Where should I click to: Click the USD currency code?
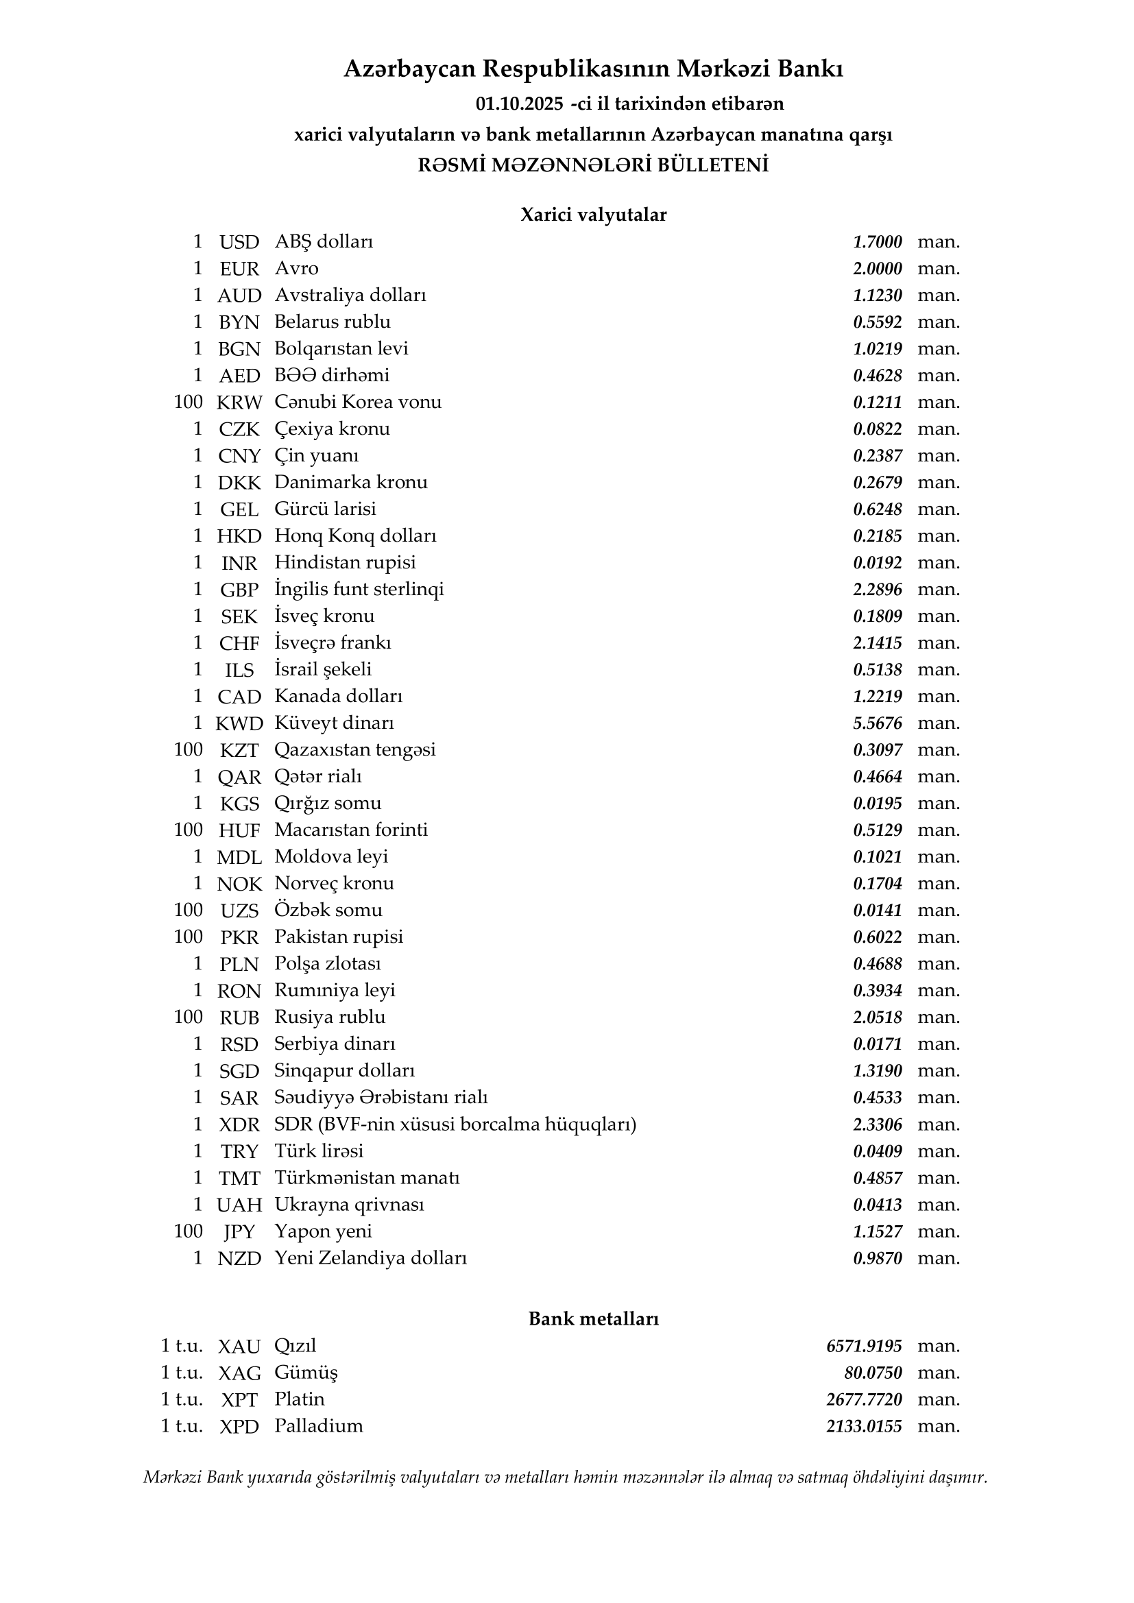pos(239,242)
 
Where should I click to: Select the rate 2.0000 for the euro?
pos(877,269)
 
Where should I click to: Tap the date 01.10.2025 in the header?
pos(520,104)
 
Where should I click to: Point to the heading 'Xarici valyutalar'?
pos(593,215)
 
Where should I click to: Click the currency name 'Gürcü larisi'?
pos(325,509)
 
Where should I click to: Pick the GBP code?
pos(239,590)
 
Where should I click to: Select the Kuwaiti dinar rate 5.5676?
pos(877,723)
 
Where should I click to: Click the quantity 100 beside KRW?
pos(188,402)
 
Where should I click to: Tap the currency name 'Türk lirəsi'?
pos(318,1151)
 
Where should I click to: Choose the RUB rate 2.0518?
pos(877,1017)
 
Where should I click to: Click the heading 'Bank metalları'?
pos(593,1319)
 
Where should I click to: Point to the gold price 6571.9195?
pos(864,1346)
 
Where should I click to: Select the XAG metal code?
pos(239,1373)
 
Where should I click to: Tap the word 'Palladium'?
pos(318,1426)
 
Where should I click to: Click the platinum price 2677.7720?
pos(864,1400)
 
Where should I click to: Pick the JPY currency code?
pos(239,1231)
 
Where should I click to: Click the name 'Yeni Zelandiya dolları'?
pos(370,1258)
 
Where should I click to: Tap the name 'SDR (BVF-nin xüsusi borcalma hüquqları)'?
pos(455,1124)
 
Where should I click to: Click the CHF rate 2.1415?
pos(877,643)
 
